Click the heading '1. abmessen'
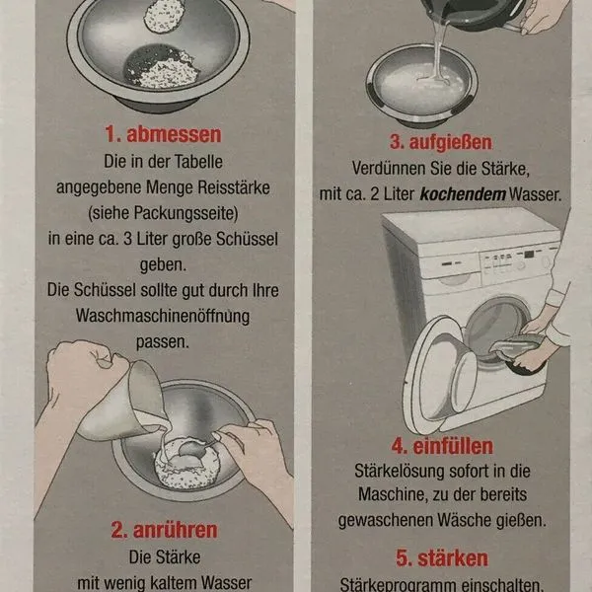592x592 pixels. (165, 134)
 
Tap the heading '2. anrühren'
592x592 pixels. (165, 530)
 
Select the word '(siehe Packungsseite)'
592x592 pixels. (165, 211)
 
